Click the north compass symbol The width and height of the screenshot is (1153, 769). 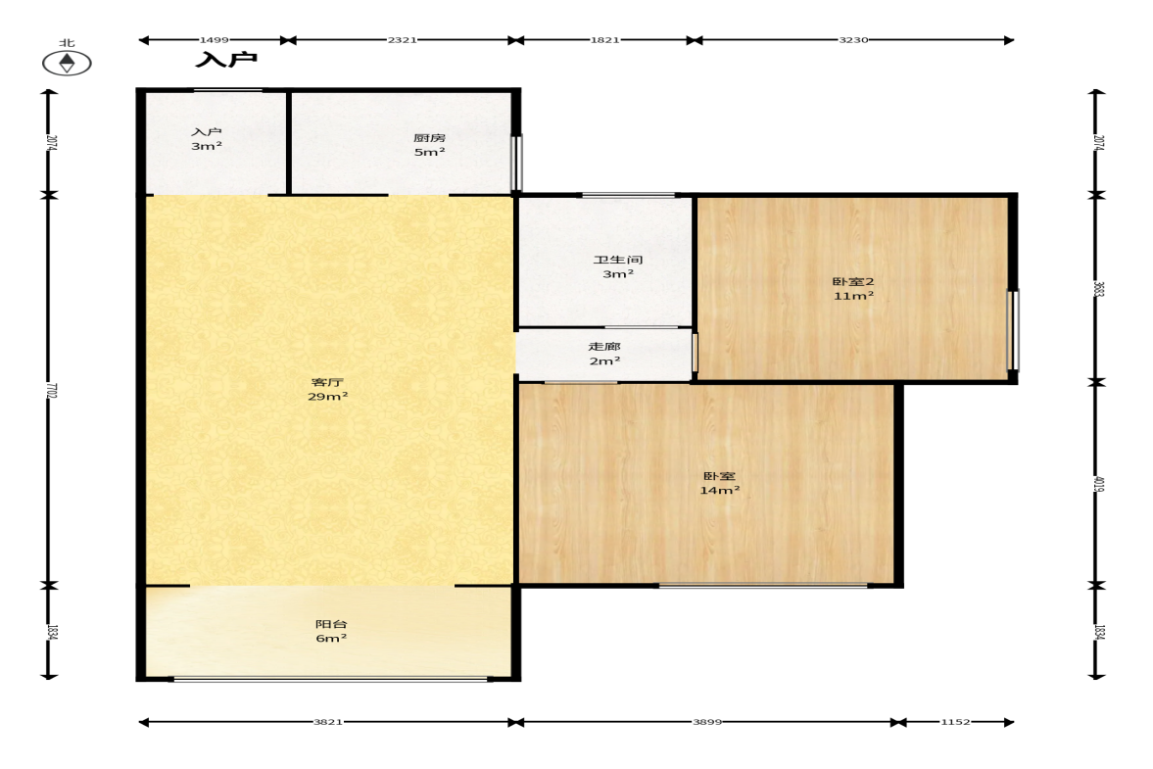coord(67,63)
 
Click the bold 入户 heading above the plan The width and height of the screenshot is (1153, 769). coord(226,59)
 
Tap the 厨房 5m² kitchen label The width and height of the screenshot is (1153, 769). coord(429,145)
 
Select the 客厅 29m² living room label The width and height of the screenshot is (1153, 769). coord(327,389)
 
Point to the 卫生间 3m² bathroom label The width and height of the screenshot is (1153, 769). coord(618,266)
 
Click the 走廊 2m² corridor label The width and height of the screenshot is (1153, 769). coord(604,354)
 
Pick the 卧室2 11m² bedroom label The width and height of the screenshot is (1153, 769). coord(853,288)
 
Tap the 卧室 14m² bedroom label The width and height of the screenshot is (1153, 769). coord(719,483)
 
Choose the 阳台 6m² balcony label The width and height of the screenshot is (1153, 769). coord(331,631)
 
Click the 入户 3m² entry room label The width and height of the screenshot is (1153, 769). coord(207,139)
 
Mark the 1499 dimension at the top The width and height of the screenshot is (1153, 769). coord(214,40)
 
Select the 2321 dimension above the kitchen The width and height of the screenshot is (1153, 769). coord(403,40)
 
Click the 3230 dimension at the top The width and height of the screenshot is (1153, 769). coord(853,40)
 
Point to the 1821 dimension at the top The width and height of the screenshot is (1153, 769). coord(604,40)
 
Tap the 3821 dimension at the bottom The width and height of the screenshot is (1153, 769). coord(328,722)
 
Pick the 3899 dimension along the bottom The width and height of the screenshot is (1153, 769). coord(707,722)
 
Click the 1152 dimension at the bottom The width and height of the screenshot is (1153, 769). coord(955,722)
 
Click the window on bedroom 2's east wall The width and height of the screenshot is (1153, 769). coord(1013,330)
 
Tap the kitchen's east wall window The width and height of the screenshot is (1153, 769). coord(516,163)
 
